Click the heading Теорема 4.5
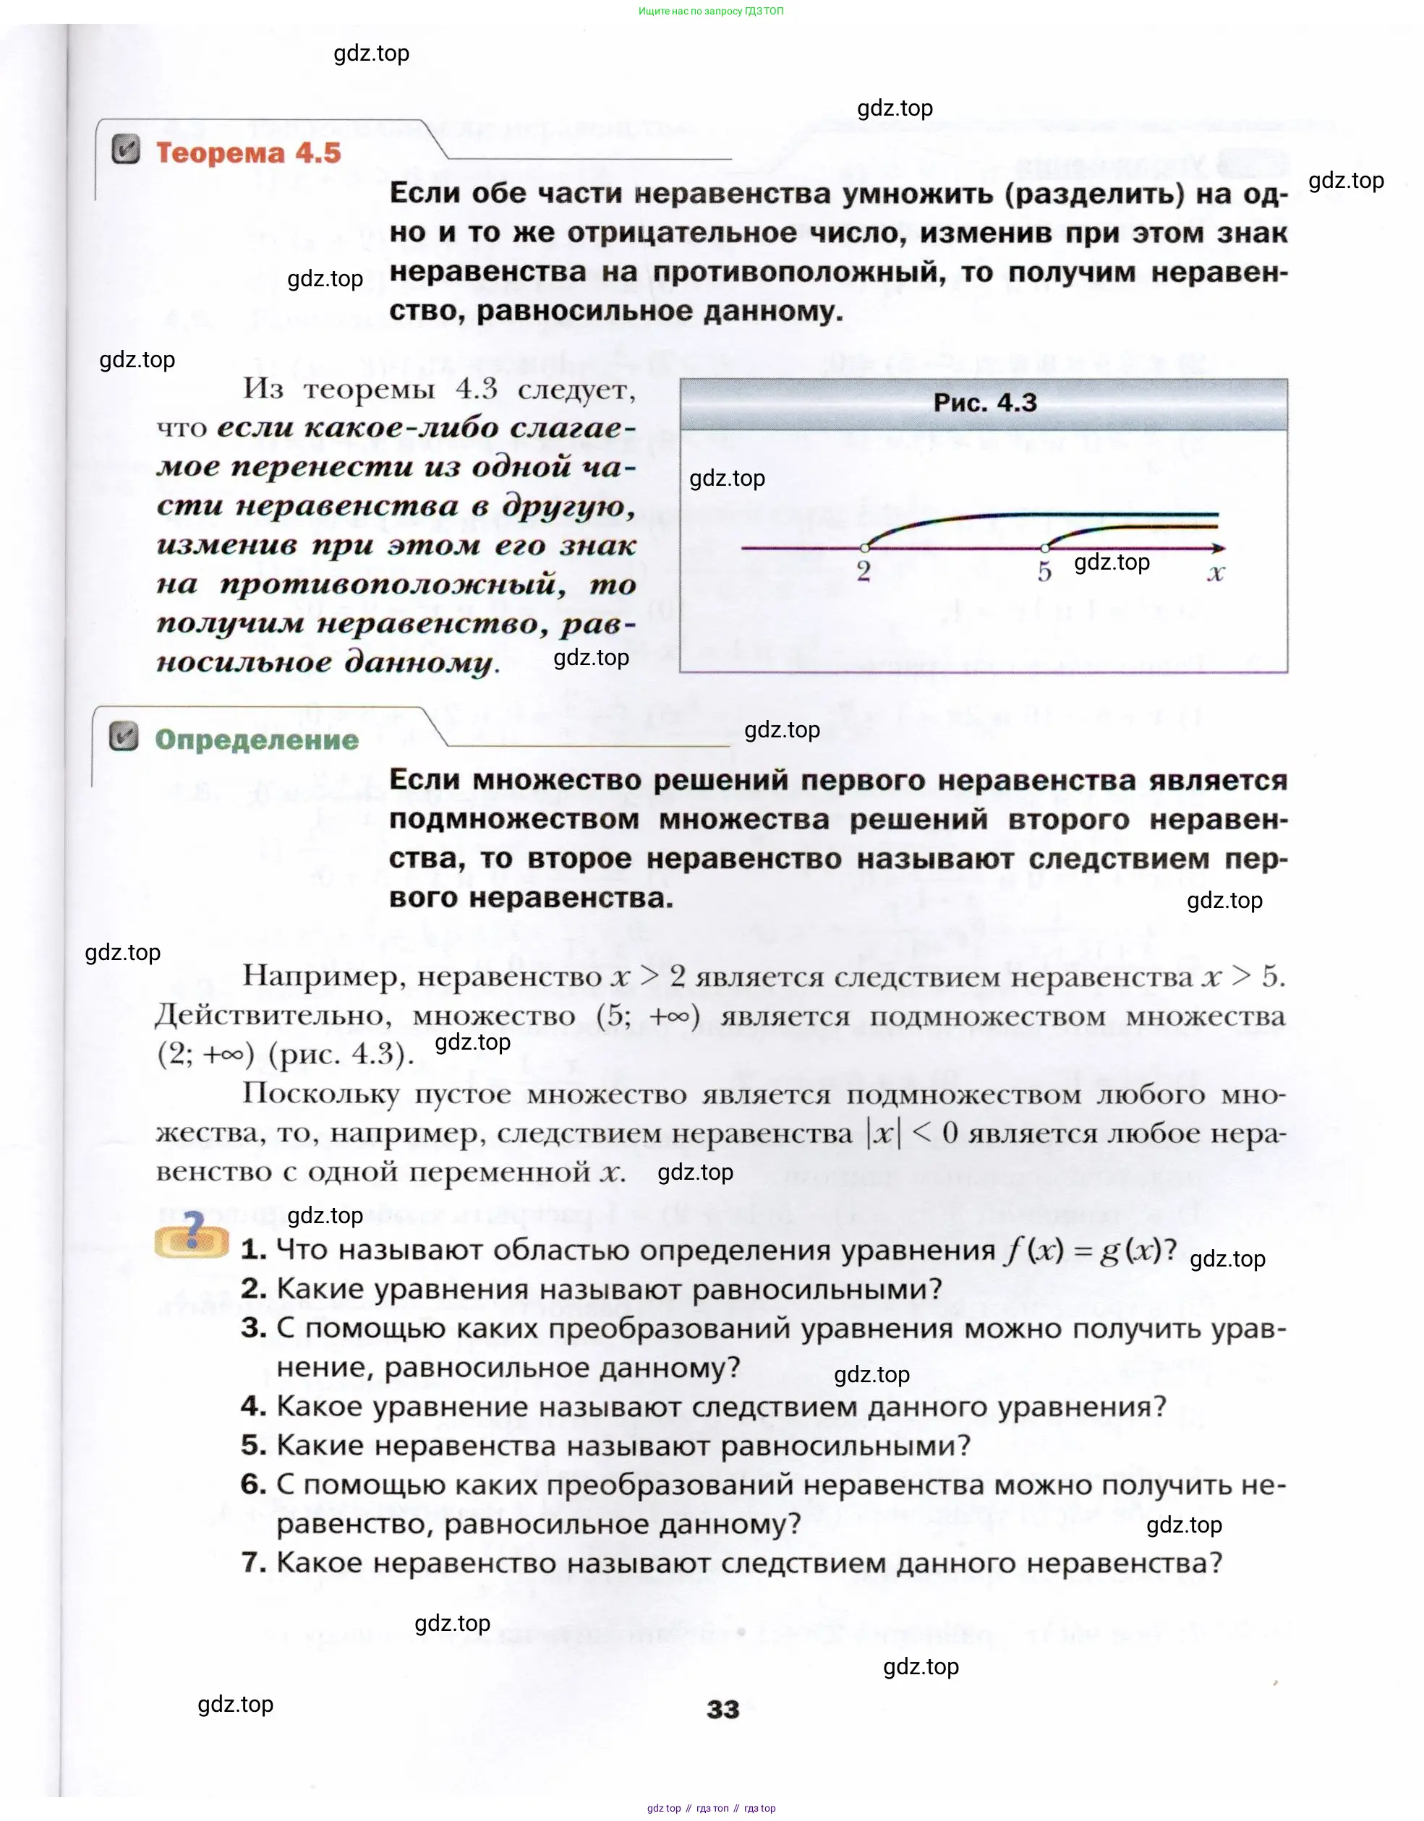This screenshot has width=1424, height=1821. (248, 153)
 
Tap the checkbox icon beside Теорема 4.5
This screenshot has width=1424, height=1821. (125, 150)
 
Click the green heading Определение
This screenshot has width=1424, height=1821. (256, 740)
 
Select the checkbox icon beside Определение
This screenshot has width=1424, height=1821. (124, 737)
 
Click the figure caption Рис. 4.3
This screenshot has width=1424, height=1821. (984, 403)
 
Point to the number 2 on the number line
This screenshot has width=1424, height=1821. (864, 571)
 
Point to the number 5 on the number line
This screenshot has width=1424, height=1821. (1044, 572)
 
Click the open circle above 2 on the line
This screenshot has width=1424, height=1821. (865, 548)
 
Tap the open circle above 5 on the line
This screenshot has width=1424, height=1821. (1045, 548)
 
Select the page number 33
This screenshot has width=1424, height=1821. (722, 1710)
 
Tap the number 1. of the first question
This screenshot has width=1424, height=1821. (254, 1250)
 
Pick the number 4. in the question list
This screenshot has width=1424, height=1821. (254, 1407)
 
